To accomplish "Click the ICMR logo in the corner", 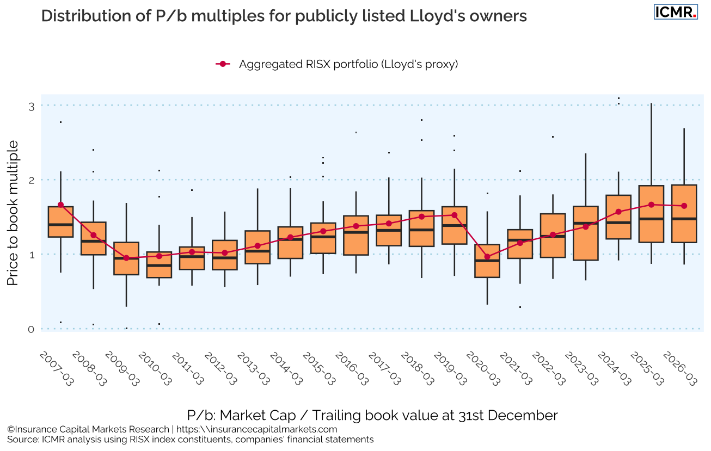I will [675, 12].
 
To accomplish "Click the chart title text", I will [284, 16].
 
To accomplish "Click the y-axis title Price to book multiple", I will [13, 213].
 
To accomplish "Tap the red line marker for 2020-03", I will [487, 257].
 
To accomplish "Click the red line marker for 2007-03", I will [60, 205].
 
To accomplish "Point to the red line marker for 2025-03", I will [651, 205].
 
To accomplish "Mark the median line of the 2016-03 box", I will [356, 232].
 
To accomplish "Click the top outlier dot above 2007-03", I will [60, 122].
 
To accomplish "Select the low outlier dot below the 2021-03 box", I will [520, 307].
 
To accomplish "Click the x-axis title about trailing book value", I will [372, 416].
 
